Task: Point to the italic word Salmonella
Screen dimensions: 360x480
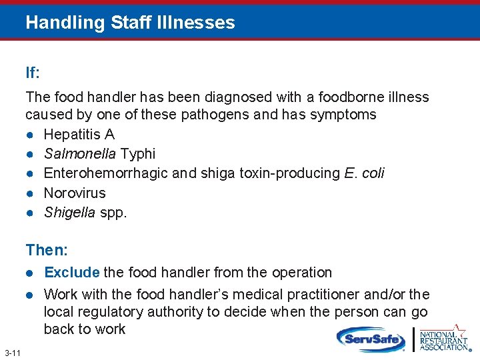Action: (79, 154)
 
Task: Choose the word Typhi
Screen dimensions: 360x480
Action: (136, 154)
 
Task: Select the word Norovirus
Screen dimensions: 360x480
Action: (75, 193)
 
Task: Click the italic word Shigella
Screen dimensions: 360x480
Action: (69, 213)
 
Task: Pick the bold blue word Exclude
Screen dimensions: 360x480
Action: (72, 273)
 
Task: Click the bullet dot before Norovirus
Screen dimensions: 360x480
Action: (31, 193)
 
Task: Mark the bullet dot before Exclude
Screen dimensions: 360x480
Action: (31, 273)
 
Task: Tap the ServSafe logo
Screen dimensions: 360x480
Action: (371, 339)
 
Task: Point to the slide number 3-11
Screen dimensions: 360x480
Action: (11, 352)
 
